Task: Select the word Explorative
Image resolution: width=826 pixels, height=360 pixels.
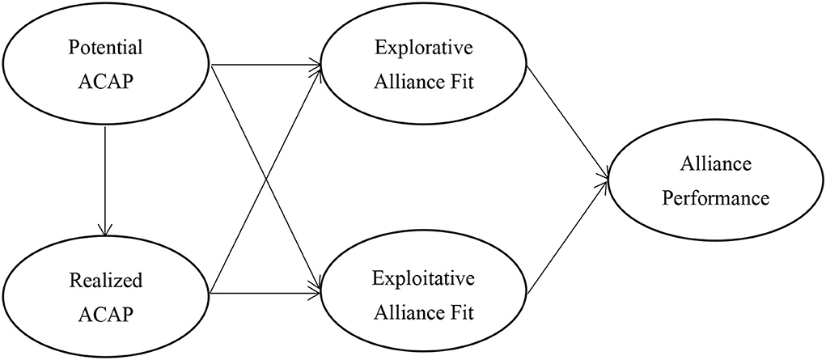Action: click(x=425, y=47)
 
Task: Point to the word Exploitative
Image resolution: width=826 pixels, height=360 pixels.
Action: click(x=425, y=281)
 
